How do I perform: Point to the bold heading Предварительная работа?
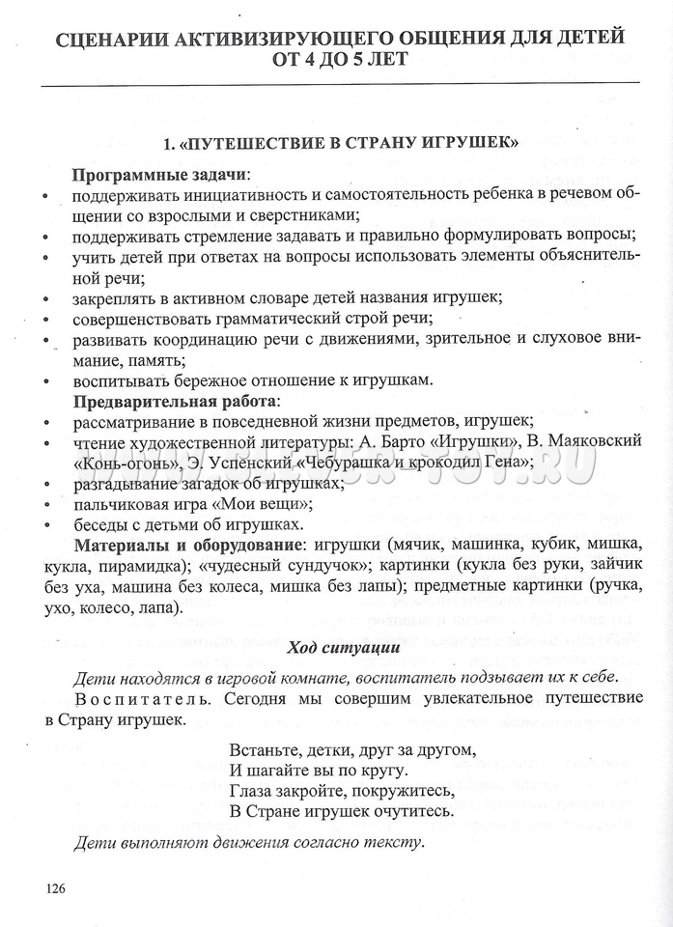coord(175,400)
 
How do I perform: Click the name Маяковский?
coord(594,440)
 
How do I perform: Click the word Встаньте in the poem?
coord(263,748)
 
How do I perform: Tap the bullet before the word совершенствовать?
coord(46,319)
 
